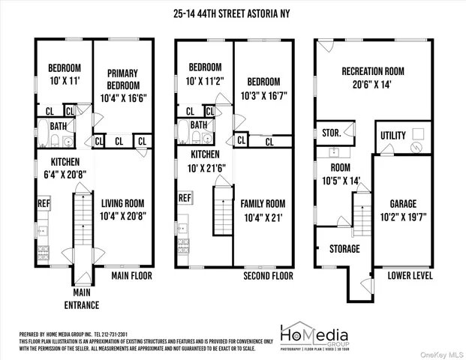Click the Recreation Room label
click(x=373, y=71)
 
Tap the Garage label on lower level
click(x=402, y=203)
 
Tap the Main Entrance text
click(x=82, y=298)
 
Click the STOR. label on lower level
click(x=331, y=133)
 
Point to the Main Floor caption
click(x=131, y=276)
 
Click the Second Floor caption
click(x=267, y=276)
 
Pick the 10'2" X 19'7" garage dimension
click(x=402, y=215)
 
